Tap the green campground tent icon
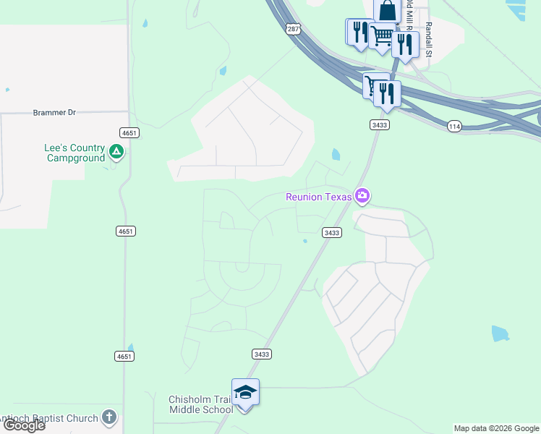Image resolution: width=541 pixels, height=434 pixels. click(116, 152)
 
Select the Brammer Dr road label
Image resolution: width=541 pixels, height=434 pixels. click(54, 113)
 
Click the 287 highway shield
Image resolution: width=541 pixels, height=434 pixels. click(292, 29)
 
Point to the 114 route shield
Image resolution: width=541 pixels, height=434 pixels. click(454, 125)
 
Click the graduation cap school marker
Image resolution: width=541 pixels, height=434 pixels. click(245, 392)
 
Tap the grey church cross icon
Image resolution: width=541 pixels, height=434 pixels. click(108, 417)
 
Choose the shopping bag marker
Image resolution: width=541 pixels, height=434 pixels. click(387, 11)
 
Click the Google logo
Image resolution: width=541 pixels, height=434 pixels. click(23, 425)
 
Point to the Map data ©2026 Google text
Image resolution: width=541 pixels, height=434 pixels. click(497, 428)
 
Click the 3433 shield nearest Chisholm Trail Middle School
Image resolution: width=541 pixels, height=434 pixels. click(262, 354)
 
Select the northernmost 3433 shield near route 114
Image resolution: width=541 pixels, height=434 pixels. click(379, 125)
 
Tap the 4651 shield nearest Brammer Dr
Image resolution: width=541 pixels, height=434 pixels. click(128, 132)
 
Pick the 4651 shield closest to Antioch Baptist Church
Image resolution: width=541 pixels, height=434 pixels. click(124, 357)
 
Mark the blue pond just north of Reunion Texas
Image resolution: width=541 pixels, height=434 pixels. click(336, 154)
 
